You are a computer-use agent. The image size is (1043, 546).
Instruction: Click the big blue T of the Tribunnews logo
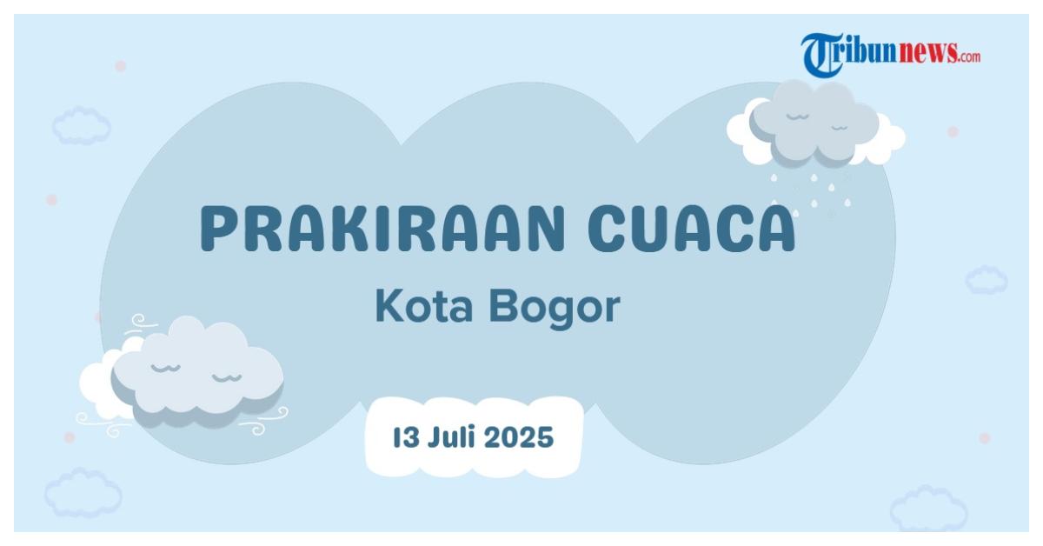818,55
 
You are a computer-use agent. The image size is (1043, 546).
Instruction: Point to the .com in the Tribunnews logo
969,58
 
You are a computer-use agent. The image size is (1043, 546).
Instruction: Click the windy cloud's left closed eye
164,369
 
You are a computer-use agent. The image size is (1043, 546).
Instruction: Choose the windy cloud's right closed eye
227,376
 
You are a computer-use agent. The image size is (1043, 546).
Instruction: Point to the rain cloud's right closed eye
838,128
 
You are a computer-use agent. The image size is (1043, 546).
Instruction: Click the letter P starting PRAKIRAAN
220,229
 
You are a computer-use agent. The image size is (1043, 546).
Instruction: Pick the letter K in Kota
387,307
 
